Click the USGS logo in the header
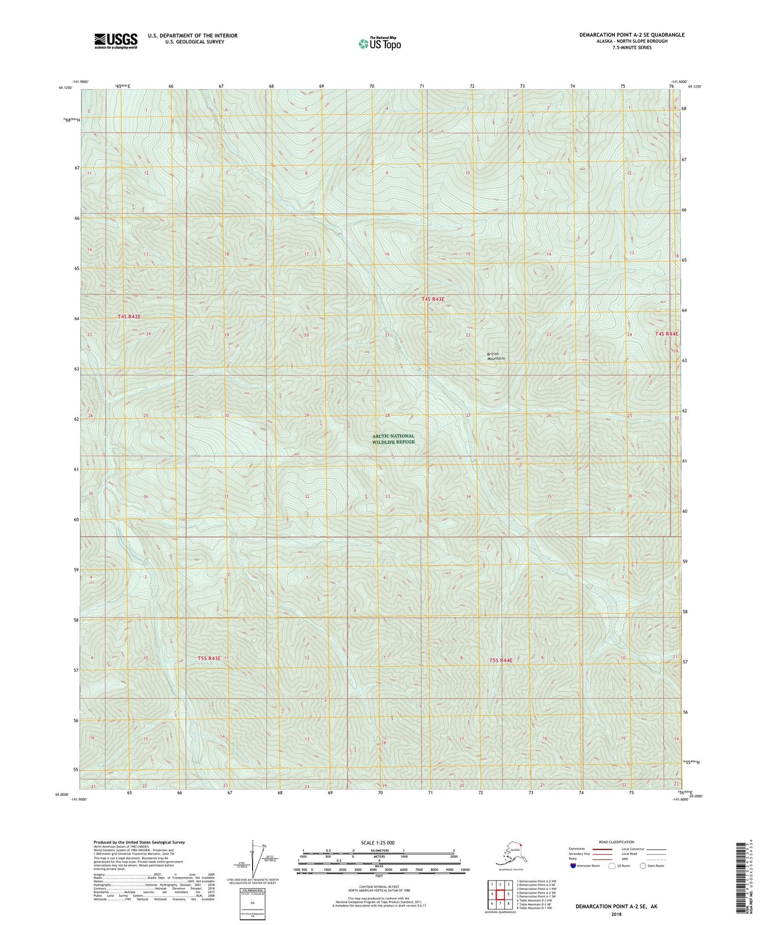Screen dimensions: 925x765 (115, 41)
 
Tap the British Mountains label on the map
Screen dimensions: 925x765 (496, 356)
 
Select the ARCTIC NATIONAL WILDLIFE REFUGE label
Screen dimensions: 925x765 (393, 439)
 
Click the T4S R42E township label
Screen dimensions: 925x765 (129, 317)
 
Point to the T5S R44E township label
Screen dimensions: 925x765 (500, 660)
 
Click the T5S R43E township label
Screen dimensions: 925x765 (209, 659)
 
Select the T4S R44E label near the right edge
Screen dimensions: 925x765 (666, 334)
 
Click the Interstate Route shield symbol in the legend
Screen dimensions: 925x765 (573, 866)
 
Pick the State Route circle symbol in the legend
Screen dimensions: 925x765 (643, 866)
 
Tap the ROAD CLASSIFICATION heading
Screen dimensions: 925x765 (616, 842)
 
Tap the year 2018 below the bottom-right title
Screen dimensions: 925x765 (616, 914)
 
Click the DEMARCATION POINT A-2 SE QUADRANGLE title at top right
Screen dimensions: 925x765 (632, 35)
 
